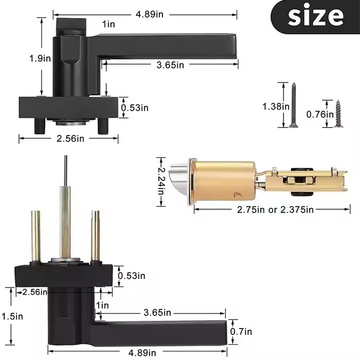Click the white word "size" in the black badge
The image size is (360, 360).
click(315, 16)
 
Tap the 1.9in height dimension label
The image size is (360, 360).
click(40, 58)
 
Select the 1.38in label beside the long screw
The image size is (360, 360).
click(276, 107)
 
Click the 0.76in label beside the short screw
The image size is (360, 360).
click(320, 114)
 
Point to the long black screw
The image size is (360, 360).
click(293, 105)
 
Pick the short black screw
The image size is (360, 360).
click(339, 114)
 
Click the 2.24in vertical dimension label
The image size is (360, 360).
click(161, 182)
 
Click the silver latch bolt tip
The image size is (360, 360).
click(179, 181)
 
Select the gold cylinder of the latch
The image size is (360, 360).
click(223, 181)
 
